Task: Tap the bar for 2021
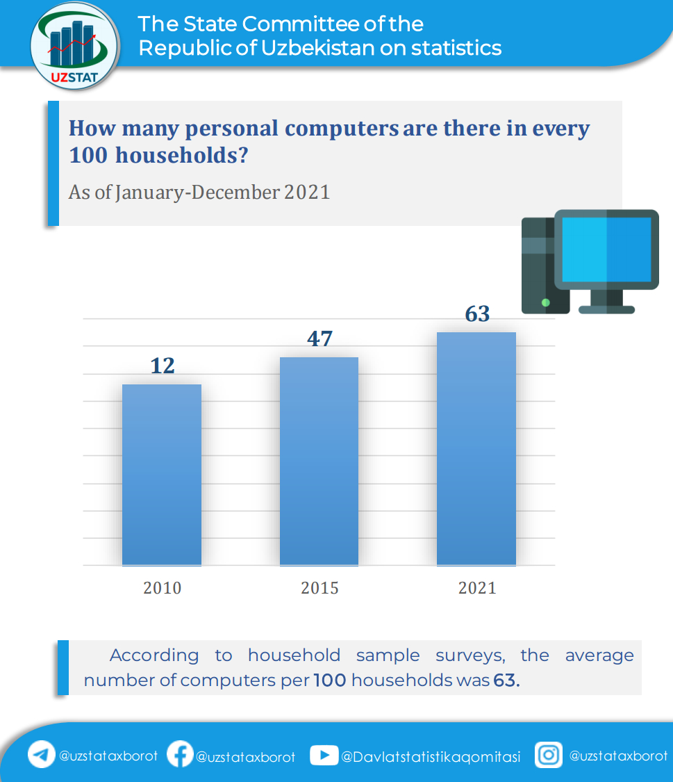[x=476, y=448]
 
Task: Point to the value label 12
[x=163, y=366]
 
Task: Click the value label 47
[x=319, y=339]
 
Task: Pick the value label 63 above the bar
[x=477, y=314]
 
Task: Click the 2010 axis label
[x=163, y=588]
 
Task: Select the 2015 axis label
[x=319, y=588]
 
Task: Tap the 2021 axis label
[x=477, y=588]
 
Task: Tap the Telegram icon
[x=42, y=755]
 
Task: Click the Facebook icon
[x=180, y=754]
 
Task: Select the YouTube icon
[x=324, y=755]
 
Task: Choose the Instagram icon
[x=549, y=755]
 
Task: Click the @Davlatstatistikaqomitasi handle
[x=431, y=757]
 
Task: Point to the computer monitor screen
[x=606, y=248]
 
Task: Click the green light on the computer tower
[x=545, y=302]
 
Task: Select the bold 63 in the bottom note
[x=506, y=680]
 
